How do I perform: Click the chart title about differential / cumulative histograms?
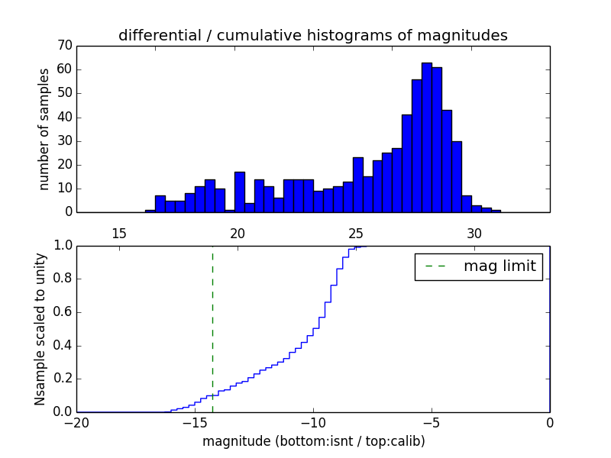(312, 35)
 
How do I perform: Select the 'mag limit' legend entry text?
(499, 266)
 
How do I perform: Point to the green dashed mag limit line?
(212, 328)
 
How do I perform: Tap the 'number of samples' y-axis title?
(44, 128)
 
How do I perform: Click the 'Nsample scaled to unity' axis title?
(40, 328)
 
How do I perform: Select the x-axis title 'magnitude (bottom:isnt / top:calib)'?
(313, 441)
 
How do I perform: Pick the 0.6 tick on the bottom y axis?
(61, 312)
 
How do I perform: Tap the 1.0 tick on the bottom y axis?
(61, 246)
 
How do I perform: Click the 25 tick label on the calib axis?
(356, 233)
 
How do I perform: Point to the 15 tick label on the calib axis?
(119, 233)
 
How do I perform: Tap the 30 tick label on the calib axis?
(474, 233)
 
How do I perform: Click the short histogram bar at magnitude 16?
(150, 211)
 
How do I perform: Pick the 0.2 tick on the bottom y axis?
(61, 379)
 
